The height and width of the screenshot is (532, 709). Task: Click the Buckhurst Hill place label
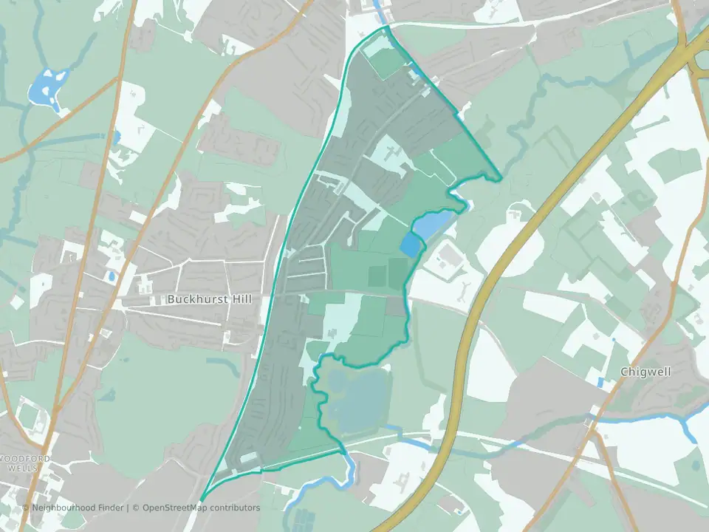tap(210, 299)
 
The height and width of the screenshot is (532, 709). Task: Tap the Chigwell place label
tap(645, 372)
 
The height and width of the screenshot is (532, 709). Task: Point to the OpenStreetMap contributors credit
tap(201, 508)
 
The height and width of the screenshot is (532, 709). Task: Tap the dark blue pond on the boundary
tap(409, 244)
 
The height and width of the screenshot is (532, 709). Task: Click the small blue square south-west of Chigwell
tap(600, 382)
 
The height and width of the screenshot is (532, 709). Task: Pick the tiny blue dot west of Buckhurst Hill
tap(111, 276)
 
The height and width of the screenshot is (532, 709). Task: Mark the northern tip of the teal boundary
tap(386, 27)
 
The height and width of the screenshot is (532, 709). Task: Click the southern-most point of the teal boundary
tap(202, 499)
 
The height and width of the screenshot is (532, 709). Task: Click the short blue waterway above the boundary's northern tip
tap(379, 11)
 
